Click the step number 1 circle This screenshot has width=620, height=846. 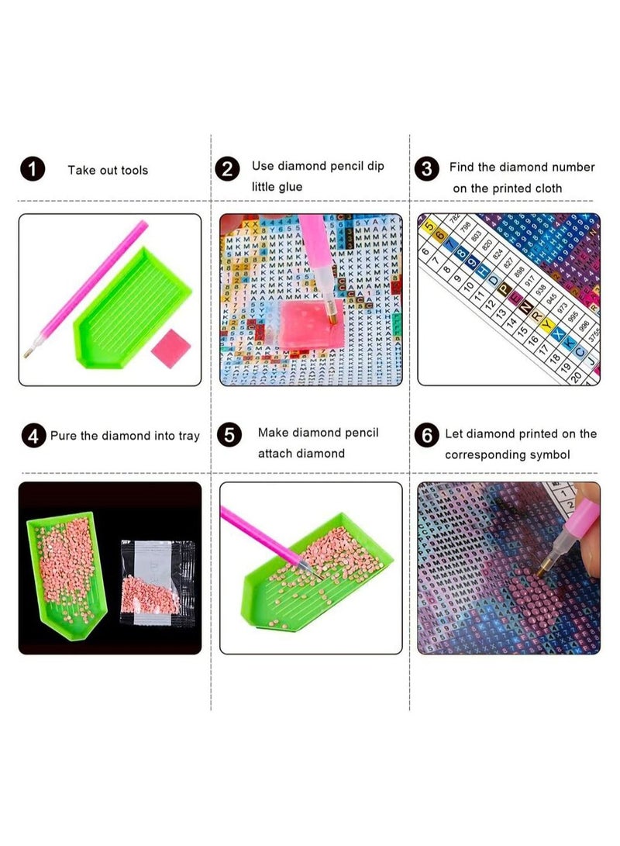click(x=33, y=169)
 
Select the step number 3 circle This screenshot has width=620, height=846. click(x=426, y=169)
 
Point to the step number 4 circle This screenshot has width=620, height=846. click(x=33, y=436)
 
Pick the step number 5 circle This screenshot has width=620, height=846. click(x=229, y=435)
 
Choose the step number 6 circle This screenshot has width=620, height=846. click(x=426, y=436)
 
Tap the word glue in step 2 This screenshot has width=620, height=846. click(x=288, y=187)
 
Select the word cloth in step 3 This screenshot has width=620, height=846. click(x=548, y=188)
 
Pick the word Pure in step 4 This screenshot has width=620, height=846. click(x=64, y=436)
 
